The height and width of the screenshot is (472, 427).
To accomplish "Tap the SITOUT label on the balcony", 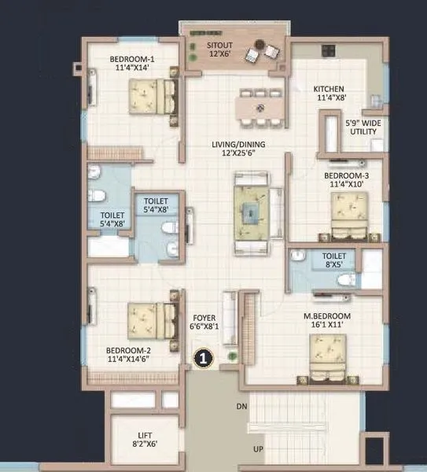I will click(x=219, y=50).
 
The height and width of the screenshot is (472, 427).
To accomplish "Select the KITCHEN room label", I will click(x=330, y=93).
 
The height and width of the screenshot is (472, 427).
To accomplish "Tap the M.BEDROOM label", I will click(x=326, y=320).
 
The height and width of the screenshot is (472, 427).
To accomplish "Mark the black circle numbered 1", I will click(x=203, y=359).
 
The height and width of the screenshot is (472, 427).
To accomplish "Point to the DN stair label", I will click(x=241, y=406).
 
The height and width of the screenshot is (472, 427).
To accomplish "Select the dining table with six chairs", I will click(x=258, y=105).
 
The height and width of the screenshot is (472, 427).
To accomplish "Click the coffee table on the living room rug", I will click(x=251, y=211).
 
